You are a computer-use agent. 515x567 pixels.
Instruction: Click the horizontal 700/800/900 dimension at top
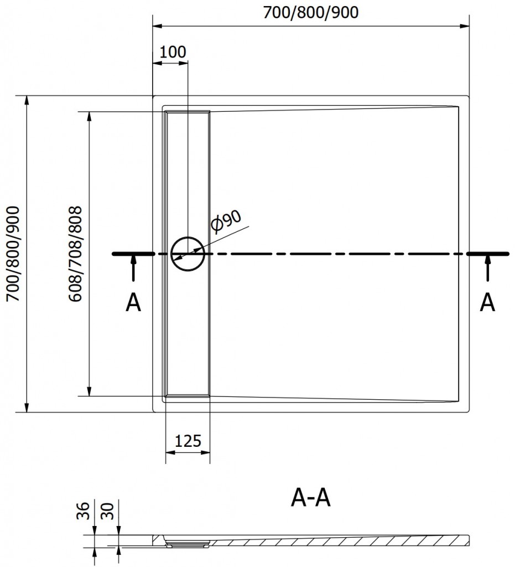coord(311,13)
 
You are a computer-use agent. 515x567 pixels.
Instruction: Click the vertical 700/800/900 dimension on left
coord(13,254)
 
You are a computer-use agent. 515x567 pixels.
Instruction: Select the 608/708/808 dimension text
coord(76,254)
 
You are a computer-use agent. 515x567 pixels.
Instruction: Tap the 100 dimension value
coord(173,52)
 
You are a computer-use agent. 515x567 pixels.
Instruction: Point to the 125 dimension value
coord(188,441)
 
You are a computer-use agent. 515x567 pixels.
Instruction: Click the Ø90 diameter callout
coord(227,221)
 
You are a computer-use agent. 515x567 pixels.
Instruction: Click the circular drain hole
coord(188,254)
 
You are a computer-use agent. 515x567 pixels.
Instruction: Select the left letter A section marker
coord(133,302)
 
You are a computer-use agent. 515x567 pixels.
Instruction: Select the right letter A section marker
coord(487,302)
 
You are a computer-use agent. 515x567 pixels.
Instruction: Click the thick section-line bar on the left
coord(133,254)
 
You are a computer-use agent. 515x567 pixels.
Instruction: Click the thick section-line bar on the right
coord(487,254)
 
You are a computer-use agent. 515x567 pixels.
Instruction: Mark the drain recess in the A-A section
coord(188,543)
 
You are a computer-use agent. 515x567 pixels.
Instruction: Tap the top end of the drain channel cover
coord(188,112)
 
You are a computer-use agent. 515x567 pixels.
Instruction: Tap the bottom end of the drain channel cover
coord(188,395)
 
